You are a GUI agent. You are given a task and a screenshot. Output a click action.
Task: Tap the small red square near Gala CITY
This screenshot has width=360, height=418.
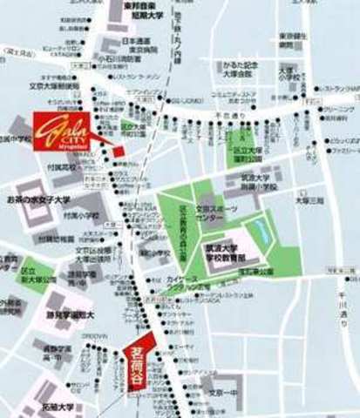[x=119, y=152]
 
